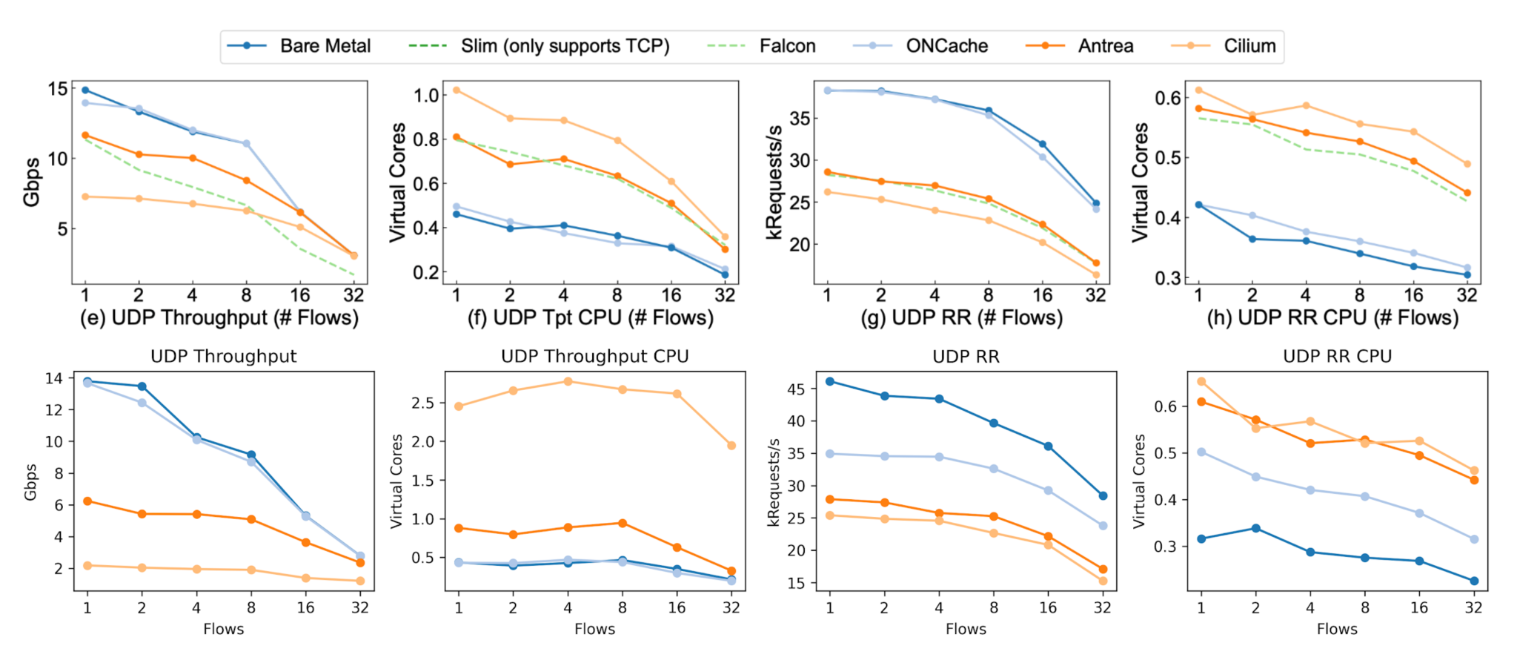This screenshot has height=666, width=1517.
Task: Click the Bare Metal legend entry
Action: tap(325, 46)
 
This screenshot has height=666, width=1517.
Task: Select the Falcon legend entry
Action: tap(787, 46)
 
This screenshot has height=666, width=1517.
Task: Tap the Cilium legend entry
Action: tap(1249, 46)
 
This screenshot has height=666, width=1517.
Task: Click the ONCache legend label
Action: tap(946, 46)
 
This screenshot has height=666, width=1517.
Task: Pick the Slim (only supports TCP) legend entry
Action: tap(565, 46)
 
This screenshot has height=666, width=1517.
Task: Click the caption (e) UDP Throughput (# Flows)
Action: tap(219, 318)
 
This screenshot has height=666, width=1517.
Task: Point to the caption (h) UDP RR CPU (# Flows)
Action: tap(1332, 318)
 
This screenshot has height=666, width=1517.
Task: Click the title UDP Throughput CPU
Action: tap(594, 357)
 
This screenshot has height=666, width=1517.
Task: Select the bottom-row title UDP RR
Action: tap(966, 357)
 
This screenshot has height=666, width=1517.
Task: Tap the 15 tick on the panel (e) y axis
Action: tap(57, 89)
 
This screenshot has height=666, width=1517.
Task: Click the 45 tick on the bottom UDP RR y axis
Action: tap(796, 389)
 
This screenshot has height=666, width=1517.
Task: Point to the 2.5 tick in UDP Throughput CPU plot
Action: tap(422, 403)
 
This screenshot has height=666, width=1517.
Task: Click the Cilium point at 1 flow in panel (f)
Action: tap(457, 90)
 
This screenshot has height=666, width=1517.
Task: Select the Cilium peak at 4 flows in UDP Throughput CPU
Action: tap(568, 381)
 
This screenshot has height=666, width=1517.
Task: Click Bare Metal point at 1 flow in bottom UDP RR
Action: tap(830, 381)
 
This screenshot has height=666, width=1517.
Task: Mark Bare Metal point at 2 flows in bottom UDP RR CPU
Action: tap(1255, 528)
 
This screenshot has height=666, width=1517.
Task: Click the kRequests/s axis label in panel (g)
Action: tap(774, 182)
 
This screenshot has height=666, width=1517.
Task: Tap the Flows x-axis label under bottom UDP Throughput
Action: tap(223, 629)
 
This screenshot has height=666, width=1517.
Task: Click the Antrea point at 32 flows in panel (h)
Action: tap(1467, 193)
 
